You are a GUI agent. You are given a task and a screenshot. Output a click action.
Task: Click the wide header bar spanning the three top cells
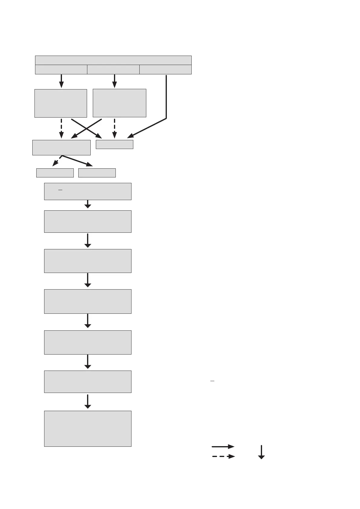[113, 60]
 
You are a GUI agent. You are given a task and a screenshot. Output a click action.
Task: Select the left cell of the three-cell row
[61, 70]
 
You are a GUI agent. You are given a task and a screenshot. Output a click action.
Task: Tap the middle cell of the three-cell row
[113, 70]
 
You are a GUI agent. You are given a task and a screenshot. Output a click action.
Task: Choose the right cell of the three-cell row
[165, 70]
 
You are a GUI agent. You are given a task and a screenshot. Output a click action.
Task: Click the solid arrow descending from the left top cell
[61, 81]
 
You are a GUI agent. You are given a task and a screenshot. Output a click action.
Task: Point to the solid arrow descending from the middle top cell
[115, 81]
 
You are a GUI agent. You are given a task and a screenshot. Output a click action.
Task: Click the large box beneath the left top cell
[61, 103]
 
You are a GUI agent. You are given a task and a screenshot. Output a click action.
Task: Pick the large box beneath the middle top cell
[119, 103]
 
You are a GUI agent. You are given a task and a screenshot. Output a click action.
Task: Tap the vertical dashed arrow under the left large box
[61, 128]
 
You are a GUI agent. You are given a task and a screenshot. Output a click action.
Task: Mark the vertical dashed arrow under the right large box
[115, 128]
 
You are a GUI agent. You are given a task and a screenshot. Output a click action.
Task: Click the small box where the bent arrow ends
[115, 144]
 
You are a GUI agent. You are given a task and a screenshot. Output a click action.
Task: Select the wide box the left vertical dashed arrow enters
[61, 148]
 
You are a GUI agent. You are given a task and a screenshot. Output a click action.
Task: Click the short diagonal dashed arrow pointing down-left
[57, 161]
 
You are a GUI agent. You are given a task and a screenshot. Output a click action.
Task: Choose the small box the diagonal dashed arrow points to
[55, 173]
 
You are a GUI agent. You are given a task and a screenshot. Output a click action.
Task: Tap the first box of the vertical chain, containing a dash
[88, 191]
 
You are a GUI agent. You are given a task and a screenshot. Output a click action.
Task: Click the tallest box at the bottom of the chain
[88, 429]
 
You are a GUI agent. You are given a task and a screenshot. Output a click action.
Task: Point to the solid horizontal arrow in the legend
[223, 446]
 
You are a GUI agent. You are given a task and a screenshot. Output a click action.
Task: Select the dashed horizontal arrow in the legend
[223, 456]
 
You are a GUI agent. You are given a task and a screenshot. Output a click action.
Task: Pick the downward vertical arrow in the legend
[261, 452]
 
